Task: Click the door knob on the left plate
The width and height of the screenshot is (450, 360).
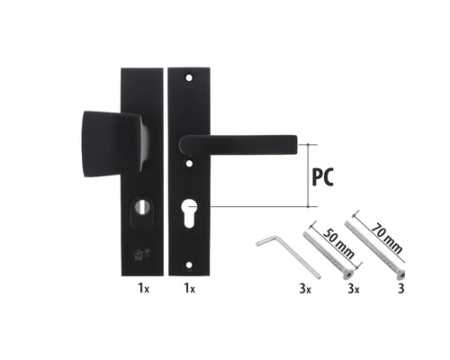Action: [114, 144]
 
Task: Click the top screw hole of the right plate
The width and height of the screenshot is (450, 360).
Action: [189, 77]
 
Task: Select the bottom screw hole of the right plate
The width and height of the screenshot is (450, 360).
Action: [189, 265]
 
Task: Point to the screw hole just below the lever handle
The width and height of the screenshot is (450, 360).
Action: [189, 164]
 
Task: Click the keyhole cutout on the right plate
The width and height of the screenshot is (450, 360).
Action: [189, 214]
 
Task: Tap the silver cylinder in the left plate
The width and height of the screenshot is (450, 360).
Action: [140, 207]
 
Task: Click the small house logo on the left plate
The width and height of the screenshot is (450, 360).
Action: [141, 254]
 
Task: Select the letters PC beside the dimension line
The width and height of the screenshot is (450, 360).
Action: [323, 177]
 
